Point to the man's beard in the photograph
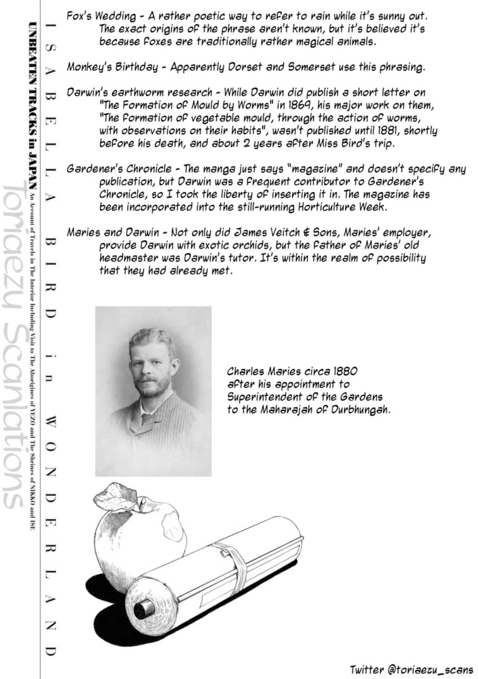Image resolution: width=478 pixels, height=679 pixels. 151,387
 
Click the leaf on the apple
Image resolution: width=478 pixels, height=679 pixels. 118,496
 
